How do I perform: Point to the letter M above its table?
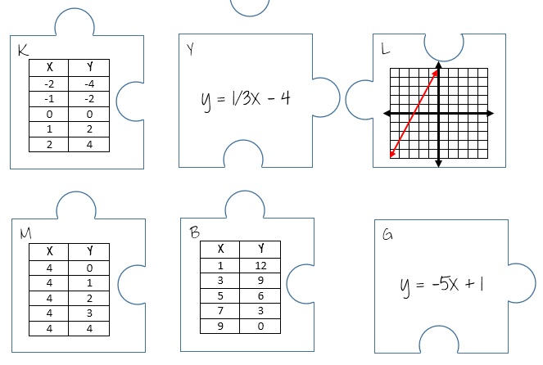(x=25, y=235)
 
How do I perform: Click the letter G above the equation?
(x=387, y=236)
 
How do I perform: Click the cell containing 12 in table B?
(x=260, y=265)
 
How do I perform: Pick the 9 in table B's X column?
(x=220, y=326)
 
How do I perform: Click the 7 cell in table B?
(x=220, y=310)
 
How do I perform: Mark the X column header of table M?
(x=49, y=251)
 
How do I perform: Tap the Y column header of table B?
(x=260, y=249)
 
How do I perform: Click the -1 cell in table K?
(x=49, y=98)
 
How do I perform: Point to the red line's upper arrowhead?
(x=437, y=72)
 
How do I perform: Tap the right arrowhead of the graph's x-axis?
(x=490, y=112)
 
